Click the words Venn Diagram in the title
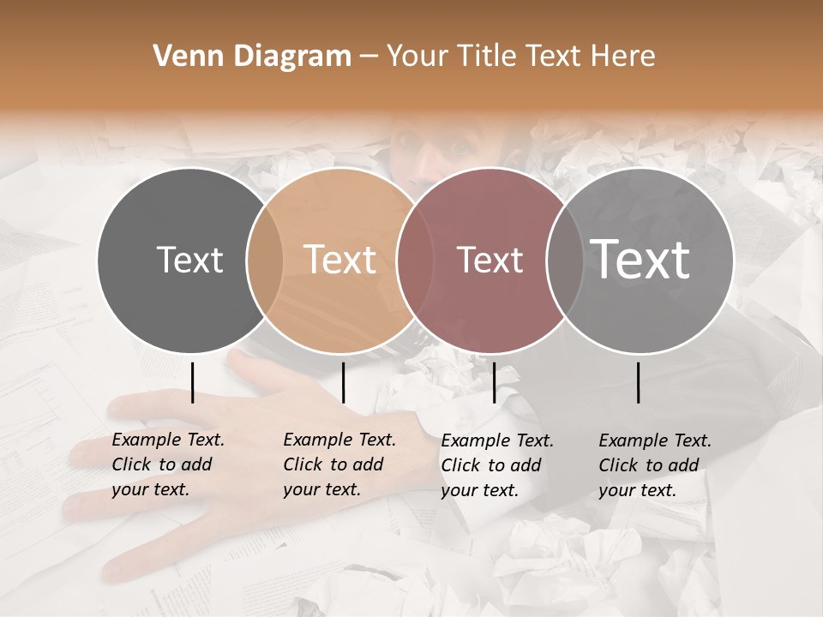click(252, 57)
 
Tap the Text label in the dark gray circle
click(189, 260)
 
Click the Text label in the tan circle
click(340, 260)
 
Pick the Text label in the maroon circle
click(490, 260)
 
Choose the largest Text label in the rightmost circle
click(640, 260)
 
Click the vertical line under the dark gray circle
click(192, 382)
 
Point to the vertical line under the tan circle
click(343, 382)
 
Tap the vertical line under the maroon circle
click(494, 382)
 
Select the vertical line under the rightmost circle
click(638, 382)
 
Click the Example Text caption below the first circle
click(168, 464)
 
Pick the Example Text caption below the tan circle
click(339, 464)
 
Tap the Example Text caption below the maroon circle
click(497, 465)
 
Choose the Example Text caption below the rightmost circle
click(655, 465)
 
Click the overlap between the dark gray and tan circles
click(265, 261)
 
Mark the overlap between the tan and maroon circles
click(408, 261)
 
